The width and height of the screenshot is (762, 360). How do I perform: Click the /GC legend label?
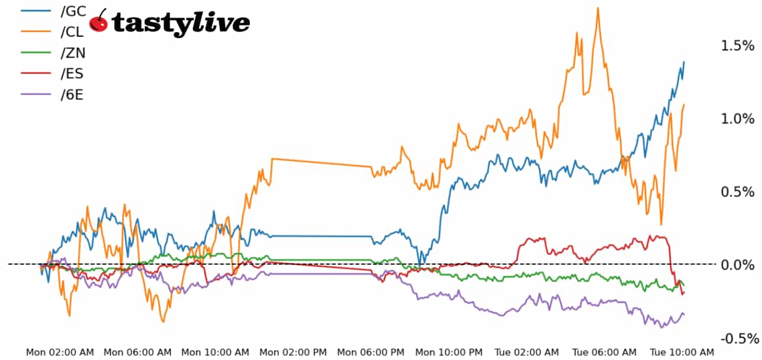tap(73, 11)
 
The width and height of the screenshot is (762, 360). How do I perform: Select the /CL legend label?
tap(72, 32)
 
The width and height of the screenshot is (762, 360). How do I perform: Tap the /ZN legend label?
tap(72, 52)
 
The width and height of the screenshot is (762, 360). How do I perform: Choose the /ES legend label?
tap(72, 73)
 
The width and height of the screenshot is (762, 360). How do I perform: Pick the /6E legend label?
tap(72, 94)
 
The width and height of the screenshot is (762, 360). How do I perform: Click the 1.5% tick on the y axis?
tap(737, 46)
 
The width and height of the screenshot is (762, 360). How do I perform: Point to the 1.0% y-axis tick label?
tap(737, 119)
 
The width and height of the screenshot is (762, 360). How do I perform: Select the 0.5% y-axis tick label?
tap(737, 192)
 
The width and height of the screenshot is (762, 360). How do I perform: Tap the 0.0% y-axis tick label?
tap(737, 265)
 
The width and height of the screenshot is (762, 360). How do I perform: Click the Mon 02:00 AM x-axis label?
tap(60, 352)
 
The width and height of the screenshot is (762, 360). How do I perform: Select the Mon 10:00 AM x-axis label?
tap(216, 352)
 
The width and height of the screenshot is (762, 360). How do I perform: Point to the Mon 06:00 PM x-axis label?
tap(371, 352)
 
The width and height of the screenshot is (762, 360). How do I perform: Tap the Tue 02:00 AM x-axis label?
tap(527, 352)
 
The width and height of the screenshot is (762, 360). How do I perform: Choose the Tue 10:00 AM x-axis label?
tap(682, 352)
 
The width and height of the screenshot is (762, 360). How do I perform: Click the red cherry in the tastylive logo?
tap(99, 21)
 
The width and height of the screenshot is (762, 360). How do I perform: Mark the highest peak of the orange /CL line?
tap(597, 8)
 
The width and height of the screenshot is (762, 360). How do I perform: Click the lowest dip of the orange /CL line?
tap(163, 321)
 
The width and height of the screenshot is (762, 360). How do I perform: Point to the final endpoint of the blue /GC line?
tap(684, 62)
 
